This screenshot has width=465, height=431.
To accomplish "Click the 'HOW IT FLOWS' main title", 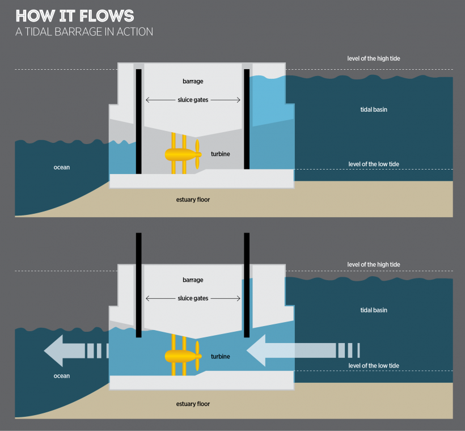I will coord(75,15).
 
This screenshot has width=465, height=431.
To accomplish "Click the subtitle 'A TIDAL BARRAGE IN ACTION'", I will coord(84,32).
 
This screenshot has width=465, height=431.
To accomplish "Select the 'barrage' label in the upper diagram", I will coord(193,82).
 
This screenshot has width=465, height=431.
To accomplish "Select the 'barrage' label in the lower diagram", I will coord(193,280).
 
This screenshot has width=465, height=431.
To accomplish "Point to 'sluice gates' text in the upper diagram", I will coord(193,100).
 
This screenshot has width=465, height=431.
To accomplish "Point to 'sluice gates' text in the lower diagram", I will coord(193,298).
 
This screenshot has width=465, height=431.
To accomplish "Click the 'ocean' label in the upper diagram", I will coord(62,167).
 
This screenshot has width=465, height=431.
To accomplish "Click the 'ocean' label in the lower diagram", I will coord(62,376).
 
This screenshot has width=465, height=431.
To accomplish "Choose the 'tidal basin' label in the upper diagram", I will coord(374,109).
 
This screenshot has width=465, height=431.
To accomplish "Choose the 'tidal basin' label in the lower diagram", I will coord(374,310).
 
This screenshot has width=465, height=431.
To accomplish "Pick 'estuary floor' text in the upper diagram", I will coord(193,200).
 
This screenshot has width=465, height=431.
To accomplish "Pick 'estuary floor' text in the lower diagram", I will coord(193,404).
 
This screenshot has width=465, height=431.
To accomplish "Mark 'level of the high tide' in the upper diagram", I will coord(374,58).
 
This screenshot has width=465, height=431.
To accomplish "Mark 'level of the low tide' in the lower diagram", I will coord(374,366).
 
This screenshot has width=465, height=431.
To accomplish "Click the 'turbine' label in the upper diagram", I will coord(219,154).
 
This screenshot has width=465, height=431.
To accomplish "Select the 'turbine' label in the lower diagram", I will coord(219,357).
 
